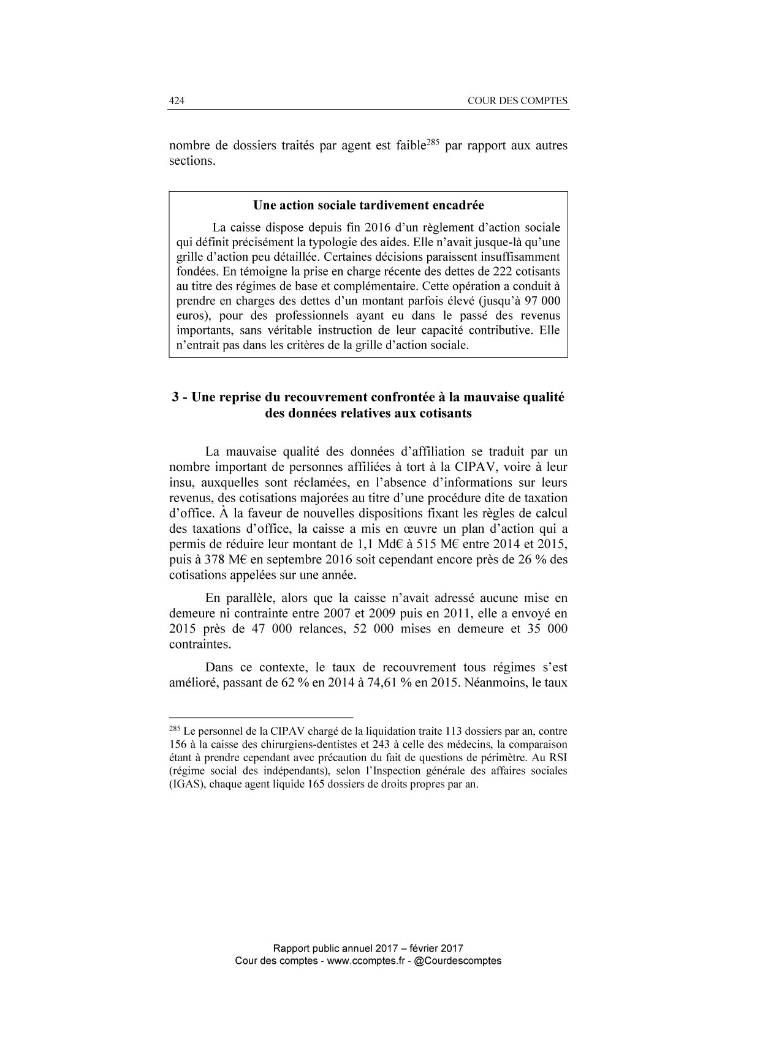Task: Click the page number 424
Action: click(177, 101)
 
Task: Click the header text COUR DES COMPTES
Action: click(517, 101)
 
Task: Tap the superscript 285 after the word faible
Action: click(434, 143)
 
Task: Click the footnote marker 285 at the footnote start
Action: click(174, 729)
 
